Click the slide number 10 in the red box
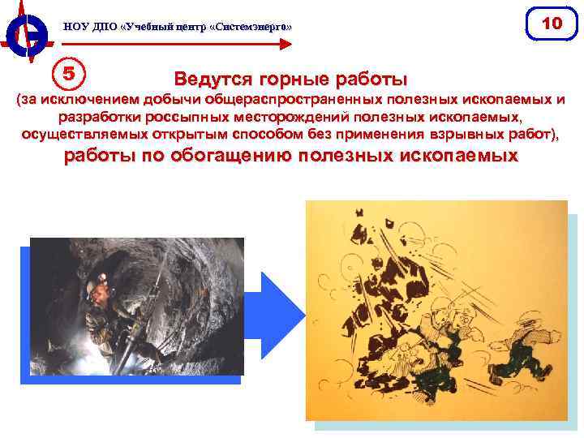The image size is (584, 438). coord(551,24)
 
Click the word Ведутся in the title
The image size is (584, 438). coord(213,80)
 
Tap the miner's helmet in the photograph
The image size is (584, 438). coord(102,283)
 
